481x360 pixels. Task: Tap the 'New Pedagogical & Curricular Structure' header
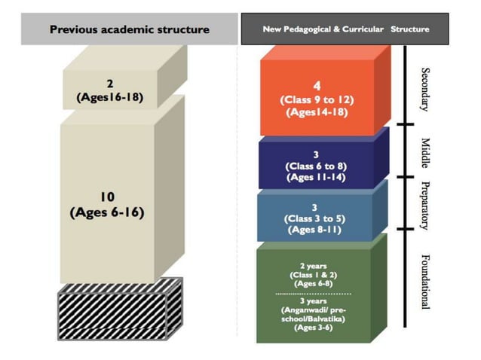point(345,29)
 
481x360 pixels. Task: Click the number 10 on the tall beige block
point(106,197)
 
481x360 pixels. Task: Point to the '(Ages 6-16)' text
point(106,212)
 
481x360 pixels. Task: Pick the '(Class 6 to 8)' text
point(316,166)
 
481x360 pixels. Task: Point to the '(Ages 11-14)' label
point(316,177)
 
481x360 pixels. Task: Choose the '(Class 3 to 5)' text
point(316,218)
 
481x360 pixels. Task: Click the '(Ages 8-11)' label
point(316,230)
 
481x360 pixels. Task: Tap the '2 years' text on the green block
point(312,266)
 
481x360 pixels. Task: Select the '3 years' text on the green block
point(312,300)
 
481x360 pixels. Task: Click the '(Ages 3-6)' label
point(312,329)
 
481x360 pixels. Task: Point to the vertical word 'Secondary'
point(423,87)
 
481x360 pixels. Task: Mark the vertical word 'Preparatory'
point(423,204)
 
